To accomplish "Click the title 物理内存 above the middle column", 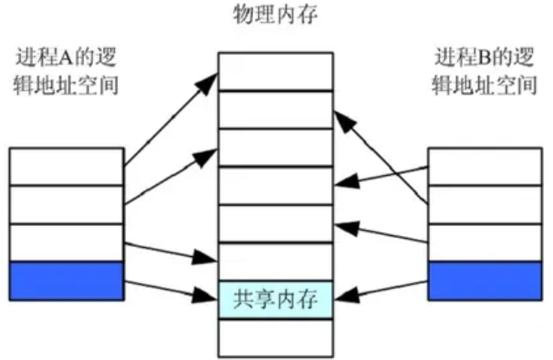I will (275, 14).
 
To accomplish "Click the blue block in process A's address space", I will (67, 280).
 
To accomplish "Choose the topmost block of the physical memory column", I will (275, 71).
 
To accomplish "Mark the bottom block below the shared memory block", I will (275, 337).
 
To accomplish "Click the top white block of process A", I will (67, 167).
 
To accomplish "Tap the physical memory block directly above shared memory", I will (275, 261).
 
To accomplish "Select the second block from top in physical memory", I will (275, 109).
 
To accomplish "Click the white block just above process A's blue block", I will (67, 243).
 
